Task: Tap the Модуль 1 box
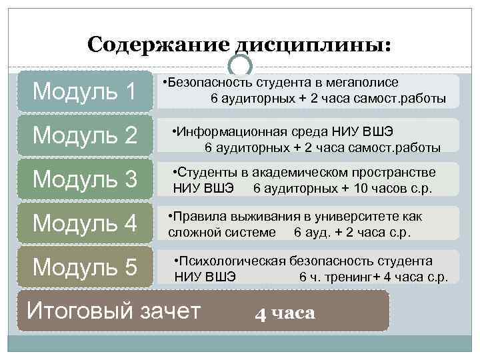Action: [x=85, y=91]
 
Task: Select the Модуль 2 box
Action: [x=85, y=135]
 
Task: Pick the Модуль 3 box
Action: [x=85, y=179]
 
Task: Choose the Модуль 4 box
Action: [x=85, y=223]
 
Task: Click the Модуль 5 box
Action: [x=85, y=267]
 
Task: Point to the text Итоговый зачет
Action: [x=113, y=310]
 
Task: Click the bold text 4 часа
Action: [x=285, y=313]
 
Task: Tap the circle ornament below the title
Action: [x=240, y=65]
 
